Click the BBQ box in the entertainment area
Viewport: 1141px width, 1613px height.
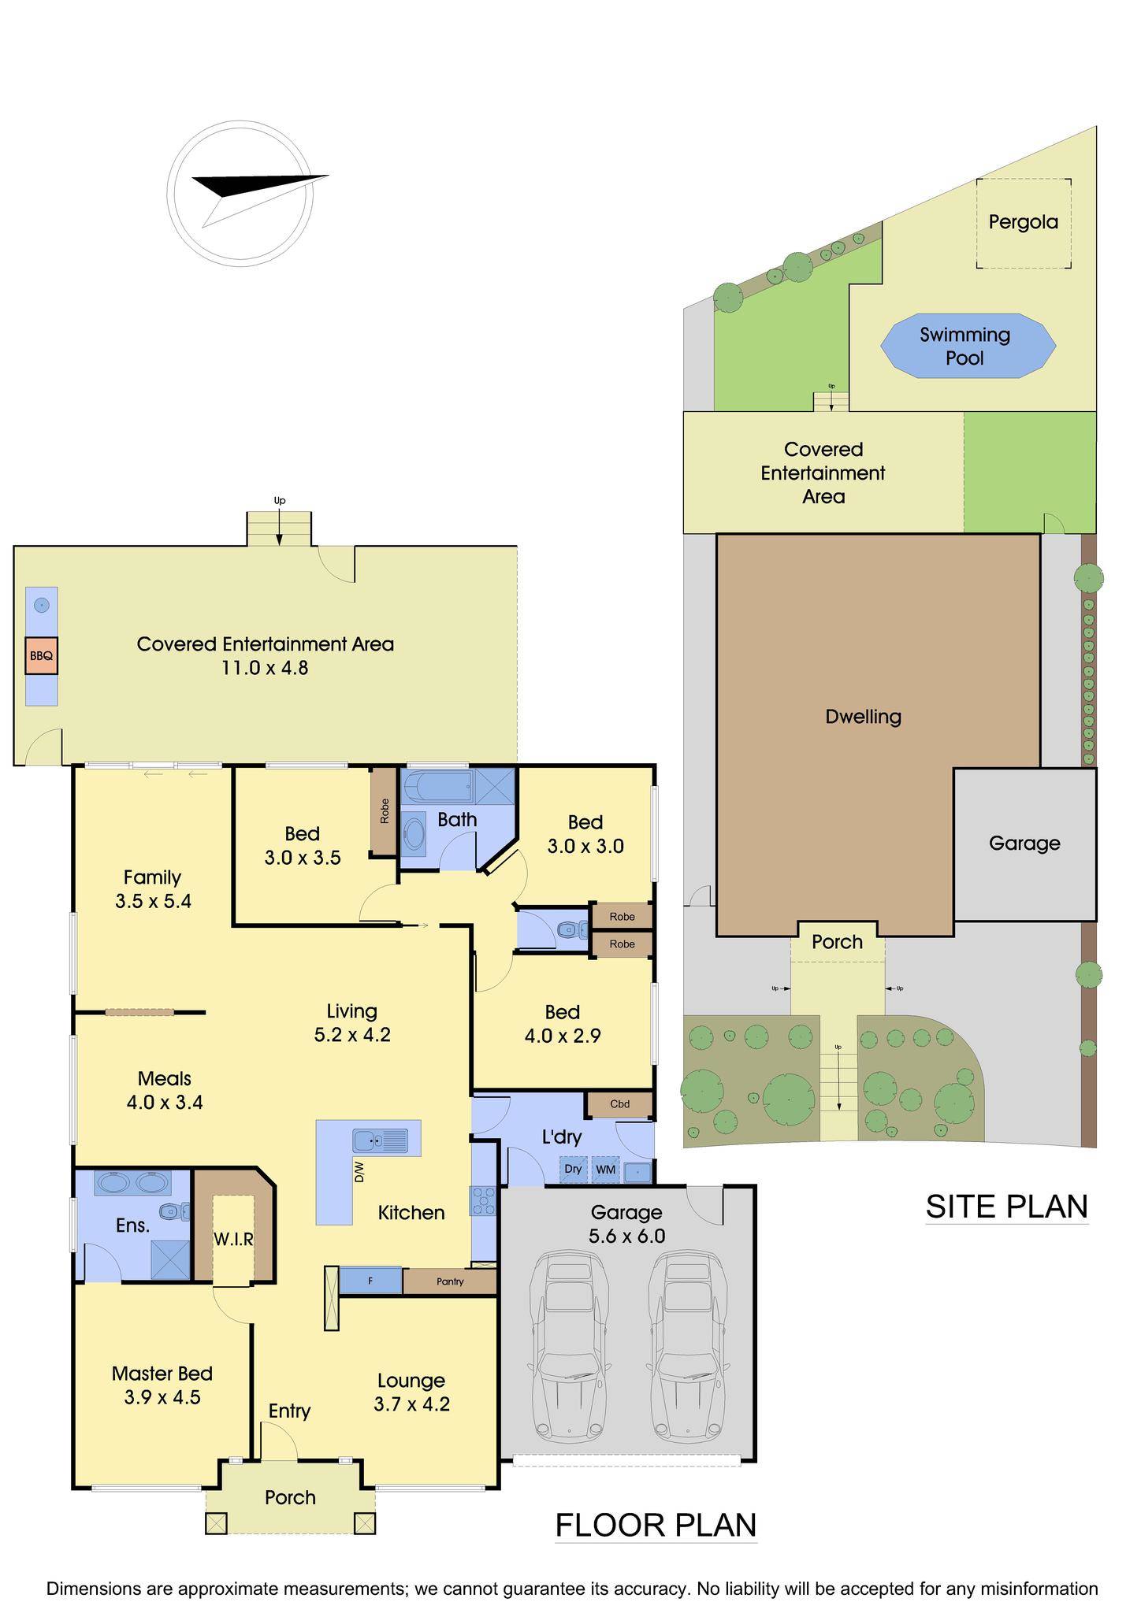tap(42, 654)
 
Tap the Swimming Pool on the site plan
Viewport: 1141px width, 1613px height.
tap(966, 346)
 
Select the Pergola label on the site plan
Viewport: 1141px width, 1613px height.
tap(1023, 221)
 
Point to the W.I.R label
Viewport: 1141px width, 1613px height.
tap(233, 1239)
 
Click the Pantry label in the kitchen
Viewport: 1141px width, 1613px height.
tap(450, 1281)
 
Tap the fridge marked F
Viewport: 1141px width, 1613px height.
tap(370, 1281)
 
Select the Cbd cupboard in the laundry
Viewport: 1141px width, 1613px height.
tap(620, 1103)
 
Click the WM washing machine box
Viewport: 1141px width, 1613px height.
tap(605, 1170)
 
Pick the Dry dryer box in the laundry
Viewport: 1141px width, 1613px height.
tap(573, 1170)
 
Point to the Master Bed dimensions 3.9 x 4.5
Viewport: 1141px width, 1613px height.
tap(162, 1397)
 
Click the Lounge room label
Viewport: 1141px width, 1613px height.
tap(411, 1380)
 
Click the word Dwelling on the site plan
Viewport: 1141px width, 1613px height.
tap(864, 716)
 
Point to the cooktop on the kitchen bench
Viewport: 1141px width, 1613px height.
tap(483, 1200)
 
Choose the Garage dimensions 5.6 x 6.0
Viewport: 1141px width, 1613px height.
tap(627, 1236)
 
